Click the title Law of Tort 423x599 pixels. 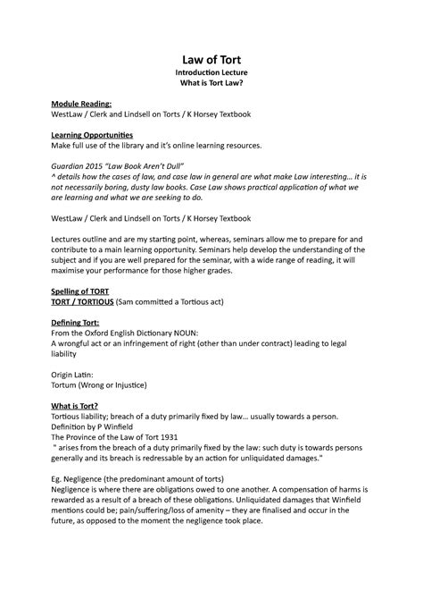211,60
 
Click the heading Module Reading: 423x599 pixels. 82,104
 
